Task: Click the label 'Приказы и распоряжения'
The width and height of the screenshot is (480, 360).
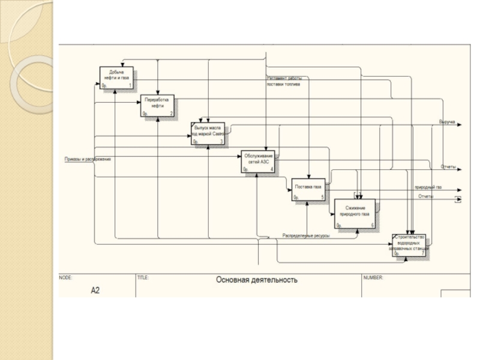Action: [88, 159]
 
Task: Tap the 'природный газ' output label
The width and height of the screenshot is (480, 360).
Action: [428, 188]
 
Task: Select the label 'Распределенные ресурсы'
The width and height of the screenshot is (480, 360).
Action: [306, 236]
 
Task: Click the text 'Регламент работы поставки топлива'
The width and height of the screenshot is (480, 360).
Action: [284, 82]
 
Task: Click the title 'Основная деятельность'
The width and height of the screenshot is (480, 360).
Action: [256, 280]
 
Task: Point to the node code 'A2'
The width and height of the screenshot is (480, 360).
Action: [95, 290]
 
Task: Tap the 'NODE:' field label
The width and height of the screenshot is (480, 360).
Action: [65, 278]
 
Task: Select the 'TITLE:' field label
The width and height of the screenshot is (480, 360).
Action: [143, 278]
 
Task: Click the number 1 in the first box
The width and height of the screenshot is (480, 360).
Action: [130, 86]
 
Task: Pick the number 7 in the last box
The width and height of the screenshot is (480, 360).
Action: [422, 254]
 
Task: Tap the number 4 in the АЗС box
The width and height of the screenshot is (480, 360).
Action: [272, 170]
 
